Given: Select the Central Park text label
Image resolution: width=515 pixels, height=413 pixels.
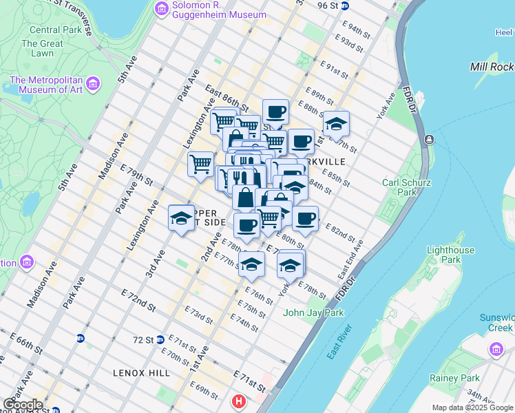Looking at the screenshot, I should [x=54, y=30].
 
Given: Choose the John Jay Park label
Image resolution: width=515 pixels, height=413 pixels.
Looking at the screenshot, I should [x=313, y=313].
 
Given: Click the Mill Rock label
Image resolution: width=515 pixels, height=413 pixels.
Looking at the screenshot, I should [x=492, y=67].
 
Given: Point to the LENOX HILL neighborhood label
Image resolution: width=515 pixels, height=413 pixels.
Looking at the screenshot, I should [x=141, y=372].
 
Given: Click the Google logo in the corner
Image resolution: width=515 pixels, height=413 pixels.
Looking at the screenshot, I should [x=23, y=405].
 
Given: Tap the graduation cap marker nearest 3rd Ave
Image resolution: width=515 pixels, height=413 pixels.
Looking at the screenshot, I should [x=181, y=218].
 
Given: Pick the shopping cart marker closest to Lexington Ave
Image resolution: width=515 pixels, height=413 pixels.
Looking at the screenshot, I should [x=200, y=164].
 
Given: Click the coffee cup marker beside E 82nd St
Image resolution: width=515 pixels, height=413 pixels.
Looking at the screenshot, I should [x=305, y=218].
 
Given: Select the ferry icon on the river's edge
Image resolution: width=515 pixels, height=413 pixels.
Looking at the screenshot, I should [x=430, y=140].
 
